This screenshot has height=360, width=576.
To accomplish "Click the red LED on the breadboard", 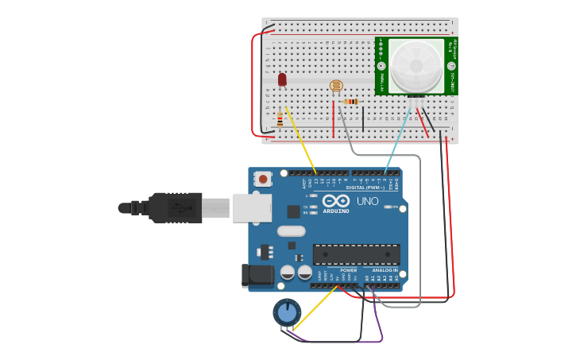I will click(282, 79).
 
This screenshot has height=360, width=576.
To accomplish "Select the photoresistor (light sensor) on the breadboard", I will click(335, 85).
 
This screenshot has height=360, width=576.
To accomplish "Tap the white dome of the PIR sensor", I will click(416, 65).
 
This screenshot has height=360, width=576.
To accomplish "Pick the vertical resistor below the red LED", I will click(280, 121).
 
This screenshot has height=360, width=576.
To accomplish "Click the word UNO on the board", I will click(368, 201).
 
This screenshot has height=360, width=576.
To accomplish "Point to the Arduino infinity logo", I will click(335, 201).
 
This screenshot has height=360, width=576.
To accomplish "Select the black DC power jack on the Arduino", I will click(257, 276).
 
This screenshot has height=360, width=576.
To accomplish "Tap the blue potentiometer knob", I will click(287, 312).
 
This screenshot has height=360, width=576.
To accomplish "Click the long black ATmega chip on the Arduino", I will click(356, 254).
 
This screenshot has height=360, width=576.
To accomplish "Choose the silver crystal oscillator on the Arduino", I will click(291, 231).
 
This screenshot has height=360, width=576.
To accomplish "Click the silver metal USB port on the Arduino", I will click(252, 207).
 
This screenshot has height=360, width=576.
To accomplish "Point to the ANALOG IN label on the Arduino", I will click(385, 270).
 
